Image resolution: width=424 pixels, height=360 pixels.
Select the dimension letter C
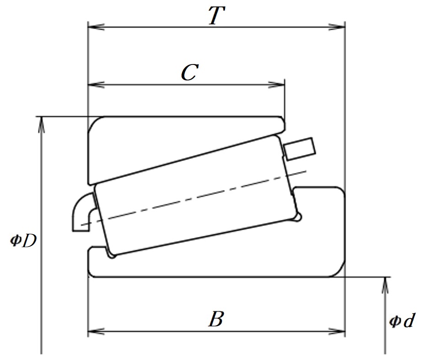190,72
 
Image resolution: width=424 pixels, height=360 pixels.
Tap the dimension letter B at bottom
216,319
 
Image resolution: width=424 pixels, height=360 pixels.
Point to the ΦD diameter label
23,241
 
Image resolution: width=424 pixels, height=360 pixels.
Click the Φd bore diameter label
401,321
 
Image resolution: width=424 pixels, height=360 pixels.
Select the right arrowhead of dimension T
337,27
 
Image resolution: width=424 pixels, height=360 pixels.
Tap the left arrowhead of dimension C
96,85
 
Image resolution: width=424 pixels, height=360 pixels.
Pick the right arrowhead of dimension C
276,85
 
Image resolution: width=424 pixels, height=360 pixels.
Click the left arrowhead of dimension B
96,331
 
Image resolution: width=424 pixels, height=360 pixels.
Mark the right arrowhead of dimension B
337,331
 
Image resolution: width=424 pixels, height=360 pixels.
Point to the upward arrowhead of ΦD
41,125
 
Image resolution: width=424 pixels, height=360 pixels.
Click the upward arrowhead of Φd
385,285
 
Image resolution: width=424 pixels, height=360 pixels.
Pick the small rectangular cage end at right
300,149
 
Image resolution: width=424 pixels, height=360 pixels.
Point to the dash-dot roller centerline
193,198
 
